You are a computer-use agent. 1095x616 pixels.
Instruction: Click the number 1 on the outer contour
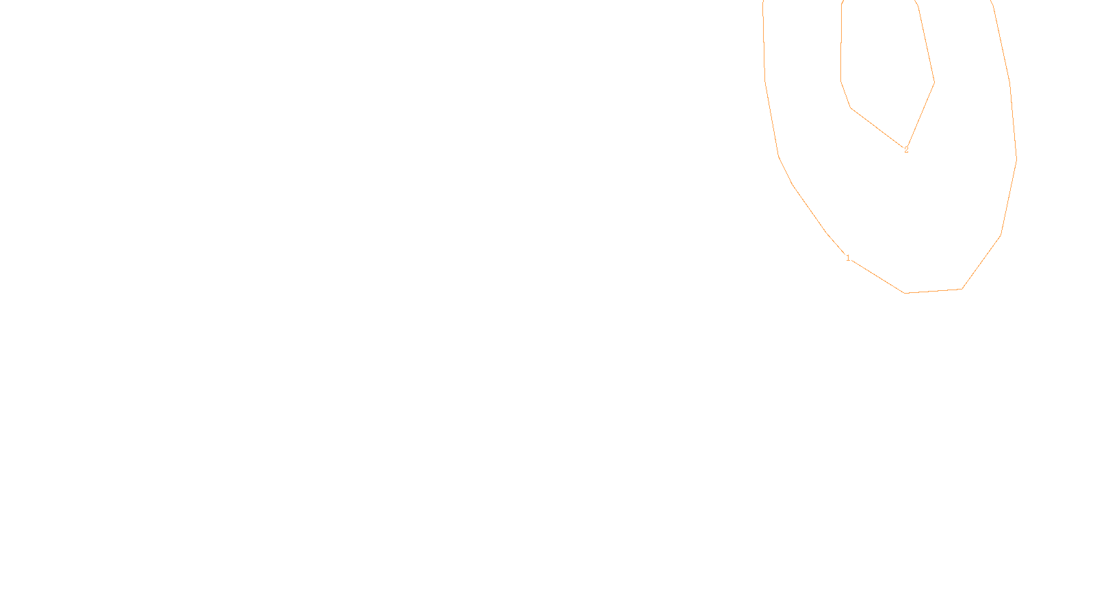[848, 258]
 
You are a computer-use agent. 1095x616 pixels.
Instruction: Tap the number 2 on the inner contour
[906, 150]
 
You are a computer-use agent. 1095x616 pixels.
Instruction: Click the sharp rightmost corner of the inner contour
[934, 82]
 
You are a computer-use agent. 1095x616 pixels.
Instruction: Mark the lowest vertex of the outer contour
[905, 293]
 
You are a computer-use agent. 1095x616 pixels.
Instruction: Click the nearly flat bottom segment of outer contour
[933, 291]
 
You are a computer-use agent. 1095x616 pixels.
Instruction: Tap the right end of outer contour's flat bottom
[962, 289]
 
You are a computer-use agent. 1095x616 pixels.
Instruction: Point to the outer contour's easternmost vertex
[1016, 159]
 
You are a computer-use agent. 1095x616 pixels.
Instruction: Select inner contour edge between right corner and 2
[920, 115]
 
